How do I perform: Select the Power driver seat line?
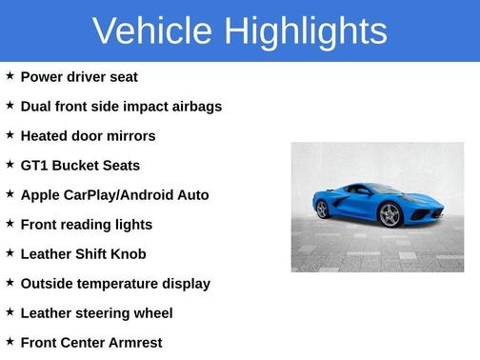tap(79, 77)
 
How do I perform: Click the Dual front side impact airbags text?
tap(121, 107)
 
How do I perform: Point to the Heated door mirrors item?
tap(88, 136)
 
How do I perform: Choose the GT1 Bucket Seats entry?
tap(80, 166)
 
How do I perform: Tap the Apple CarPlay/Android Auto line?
tap(114, 195)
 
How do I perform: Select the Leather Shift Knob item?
tap(83, 254)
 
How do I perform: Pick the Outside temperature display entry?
tap(115, 284)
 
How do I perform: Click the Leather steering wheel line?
tap(96, 313)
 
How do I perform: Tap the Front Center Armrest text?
tap(91, 343)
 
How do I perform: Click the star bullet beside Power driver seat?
tap(10, 75)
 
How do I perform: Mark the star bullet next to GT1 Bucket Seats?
tap(10, 164)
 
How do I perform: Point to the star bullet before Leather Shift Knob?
tap(10, 252)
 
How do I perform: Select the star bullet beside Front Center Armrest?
tap(10, 341)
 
